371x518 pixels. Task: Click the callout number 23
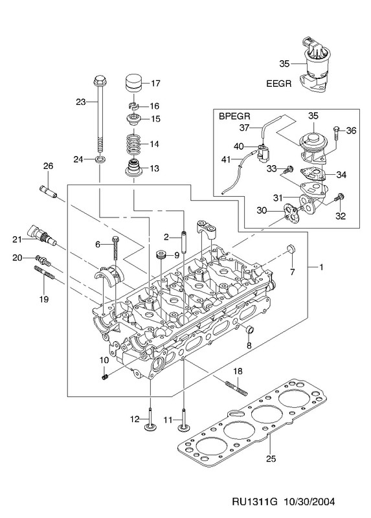(x=80, y=102)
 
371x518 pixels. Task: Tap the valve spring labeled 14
(x=134, y=144)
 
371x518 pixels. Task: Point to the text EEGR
(x=279, y=84)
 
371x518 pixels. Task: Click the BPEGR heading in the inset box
(x=235, y=117)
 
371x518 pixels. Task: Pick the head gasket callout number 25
(x=271, y=458)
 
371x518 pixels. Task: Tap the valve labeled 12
(x=150, y=419)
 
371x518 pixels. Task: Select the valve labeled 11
(x=183, y=420)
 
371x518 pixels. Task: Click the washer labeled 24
(x=100, y=160)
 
